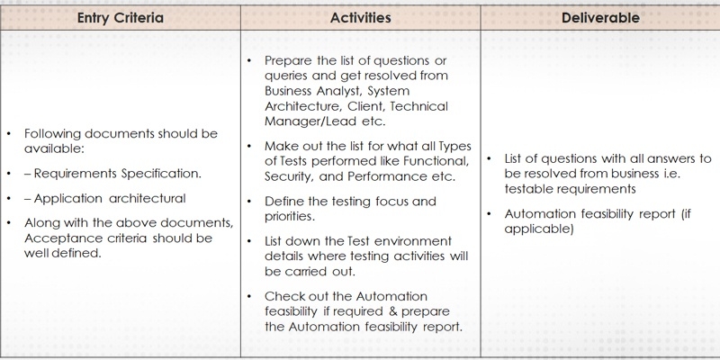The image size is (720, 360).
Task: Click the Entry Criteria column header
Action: click(x=121, y=18)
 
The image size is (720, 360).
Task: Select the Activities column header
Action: click(x=361, y=18)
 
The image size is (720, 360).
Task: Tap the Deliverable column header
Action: click(x=600, y=18)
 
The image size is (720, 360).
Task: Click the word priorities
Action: click(x=290, y=217)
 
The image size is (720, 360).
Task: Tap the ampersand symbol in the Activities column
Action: click(x=393, y=311)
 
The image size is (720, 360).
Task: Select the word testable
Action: click(x=527, y=189)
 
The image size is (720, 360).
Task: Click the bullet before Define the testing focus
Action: click(x=249, y=202)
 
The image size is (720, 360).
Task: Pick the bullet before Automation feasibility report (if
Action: click(x=490, y=214)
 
